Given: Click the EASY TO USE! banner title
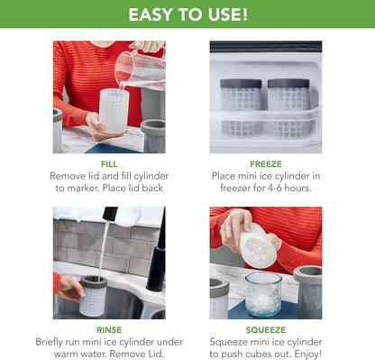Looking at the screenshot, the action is tap(188, 14).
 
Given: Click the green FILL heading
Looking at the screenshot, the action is tap(109, 164).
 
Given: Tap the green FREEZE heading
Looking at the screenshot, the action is tap(266, 164).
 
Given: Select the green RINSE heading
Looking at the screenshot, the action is tap(109, 330).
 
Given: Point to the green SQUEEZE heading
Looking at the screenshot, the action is tap(266, 330).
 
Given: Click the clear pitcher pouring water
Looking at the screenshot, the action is tap(141, 69).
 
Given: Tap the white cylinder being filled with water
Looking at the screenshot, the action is tap(114, 111).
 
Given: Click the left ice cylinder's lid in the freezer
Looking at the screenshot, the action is tap(241, 83).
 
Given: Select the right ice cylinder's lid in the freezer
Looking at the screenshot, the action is tap(288, 83).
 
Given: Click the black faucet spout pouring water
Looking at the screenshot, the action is tap(109, 213).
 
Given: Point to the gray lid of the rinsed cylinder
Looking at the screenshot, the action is tap(94, 282).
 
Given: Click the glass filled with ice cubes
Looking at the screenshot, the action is tap(263, 294).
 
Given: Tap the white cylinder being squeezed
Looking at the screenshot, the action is tap(259, 245).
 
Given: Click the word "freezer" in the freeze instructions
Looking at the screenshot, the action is tap(235, 188).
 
